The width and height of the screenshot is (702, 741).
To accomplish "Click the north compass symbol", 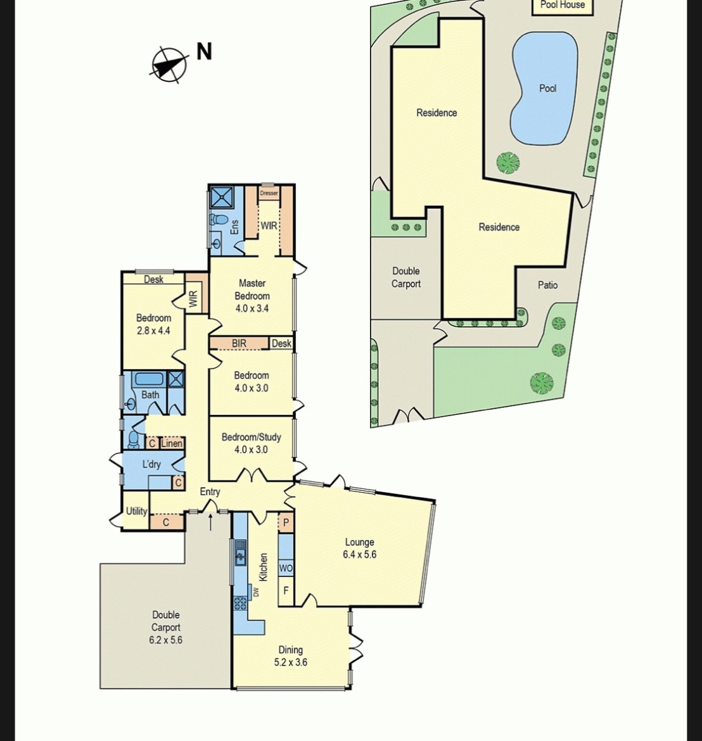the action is [169, 64].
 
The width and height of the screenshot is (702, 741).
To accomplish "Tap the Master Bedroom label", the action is [252, 289].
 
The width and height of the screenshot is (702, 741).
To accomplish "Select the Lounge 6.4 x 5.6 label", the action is [360, 548].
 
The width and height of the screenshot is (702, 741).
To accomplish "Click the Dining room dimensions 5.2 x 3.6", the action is [291, 662].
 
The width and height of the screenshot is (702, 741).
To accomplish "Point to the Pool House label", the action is [563, 4].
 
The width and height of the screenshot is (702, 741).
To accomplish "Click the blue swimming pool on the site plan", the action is [544, 88].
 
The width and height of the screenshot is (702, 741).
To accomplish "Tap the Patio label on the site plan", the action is [547, 285].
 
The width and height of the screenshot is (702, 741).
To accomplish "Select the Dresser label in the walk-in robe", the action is [269, 193].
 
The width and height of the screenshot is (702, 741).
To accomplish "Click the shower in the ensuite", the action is [222, 197].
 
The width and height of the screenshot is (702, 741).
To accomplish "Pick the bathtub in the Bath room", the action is [150, 379].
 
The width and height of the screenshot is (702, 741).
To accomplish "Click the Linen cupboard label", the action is [172, 443].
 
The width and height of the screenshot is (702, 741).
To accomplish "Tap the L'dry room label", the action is [151, 464].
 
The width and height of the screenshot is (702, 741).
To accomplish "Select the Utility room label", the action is [136, 511].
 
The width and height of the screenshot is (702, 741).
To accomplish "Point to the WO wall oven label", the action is [286, 568].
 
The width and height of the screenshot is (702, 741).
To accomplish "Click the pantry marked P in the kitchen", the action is [286, 522].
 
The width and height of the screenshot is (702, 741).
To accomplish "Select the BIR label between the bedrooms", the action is [239, 343].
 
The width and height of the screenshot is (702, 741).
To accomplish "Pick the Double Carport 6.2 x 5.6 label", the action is [165, 627].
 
